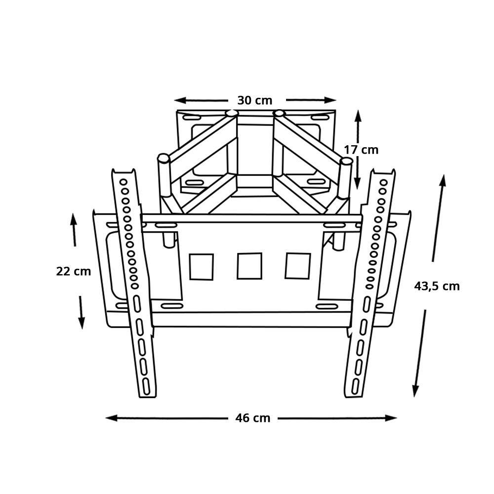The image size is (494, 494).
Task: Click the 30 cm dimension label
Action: tap(254, 100)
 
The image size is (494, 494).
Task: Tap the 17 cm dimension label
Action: tap(361, 150)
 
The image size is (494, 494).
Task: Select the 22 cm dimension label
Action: tap(74, 271)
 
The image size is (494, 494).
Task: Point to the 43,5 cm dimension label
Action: tap(437, 287)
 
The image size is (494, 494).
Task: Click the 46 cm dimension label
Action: tap(252, 418)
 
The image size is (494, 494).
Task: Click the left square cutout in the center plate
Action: tap(202, 267)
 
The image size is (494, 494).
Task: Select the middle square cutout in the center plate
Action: tap(249, 266)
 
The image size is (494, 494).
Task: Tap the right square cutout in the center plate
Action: tap(298, 266)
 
